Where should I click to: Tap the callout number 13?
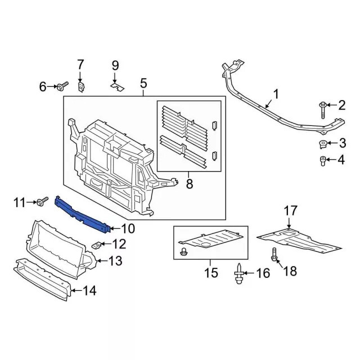coord(115,260)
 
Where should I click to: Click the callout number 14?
coord(90,291)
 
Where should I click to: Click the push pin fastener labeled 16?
coord(238,274)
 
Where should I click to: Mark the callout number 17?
coord(290,211)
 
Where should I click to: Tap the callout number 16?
coord(263,274)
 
